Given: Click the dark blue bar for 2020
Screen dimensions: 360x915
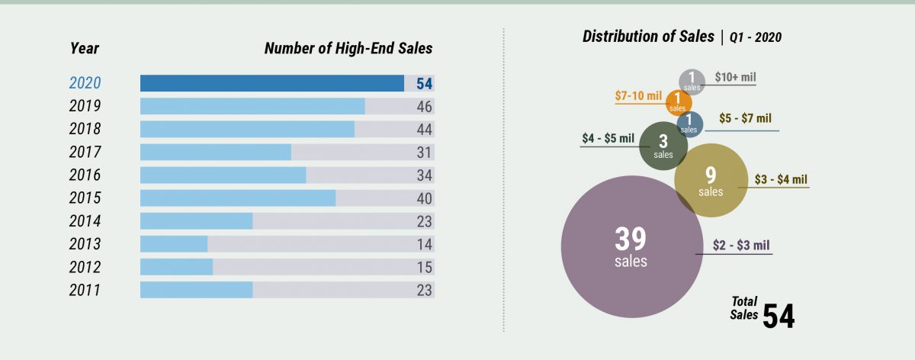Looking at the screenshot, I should point(272,83).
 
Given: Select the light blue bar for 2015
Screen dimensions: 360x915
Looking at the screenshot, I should point(238,198).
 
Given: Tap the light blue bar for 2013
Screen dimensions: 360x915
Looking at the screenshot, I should point(174,244).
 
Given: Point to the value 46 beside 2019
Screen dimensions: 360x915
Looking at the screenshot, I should point(425,107).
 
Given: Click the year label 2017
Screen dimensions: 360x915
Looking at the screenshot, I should point(85,153).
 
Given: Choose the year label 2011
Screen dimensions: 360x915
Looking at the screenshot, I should point(85,291).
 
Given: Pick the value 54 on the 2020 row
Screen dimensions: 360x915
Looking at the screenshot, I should point(425,84).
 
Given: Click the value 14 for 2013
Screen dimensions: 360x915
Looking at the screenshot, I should point(425,245).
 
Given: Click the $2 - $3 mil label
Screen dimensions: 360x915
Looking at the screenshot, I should point(741,246).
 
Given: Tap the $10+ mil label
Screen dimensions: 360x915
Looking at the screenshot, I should point(735,78).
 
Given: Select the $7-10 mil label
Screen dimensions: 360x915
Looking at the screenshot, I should point(638,96).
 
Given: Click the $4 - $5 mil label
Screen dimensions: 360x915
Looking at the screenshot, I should point(608,138).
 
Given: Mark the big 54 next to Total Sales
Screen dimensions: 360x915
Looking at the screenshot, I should point(779,316).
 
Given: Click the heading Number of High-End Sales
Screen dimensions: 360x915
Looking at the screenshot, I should point(348,49).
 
